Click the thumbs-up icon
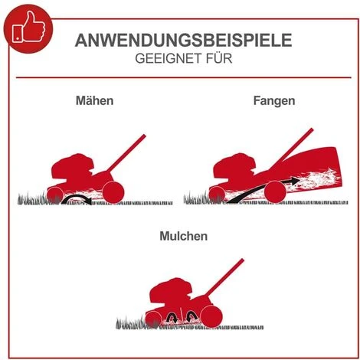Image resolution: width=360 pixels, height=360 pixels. point(28,28)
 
